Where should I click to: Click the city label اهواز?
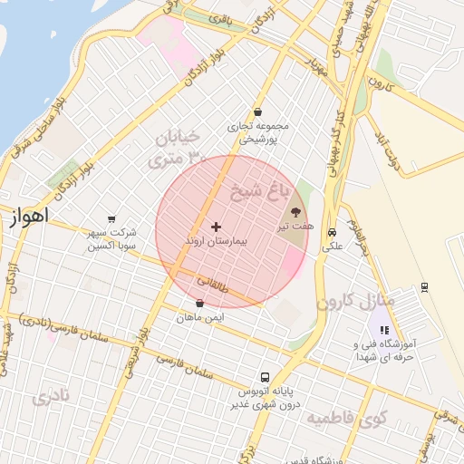(27, 217)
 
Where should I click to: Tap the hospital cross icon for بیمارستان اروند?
(216, 227)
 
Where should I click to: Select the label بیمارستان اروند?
(216, 242)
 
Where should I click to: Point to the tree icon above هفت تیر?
(297, 210)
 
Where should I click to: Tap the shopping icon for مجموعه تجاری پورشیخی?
(258, 112)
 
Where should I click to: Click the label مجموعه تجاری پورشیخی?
(257, 133)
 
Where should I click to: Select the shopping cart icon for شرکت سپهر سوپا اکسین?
(111, 218)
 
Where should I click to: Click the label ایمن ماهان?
(200, 317)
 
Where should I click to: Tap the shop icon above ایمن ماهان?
(199, 304)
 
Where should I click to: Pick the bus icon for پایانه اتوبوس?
(265, 376)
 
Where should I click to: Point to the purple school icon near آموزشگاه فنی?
(383, 331)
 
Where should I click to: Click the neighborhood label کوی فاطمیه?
(346, 420)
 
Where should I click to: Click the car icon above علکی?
(332, 231)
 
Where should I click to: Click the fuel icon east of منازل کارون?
(425, 288)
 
